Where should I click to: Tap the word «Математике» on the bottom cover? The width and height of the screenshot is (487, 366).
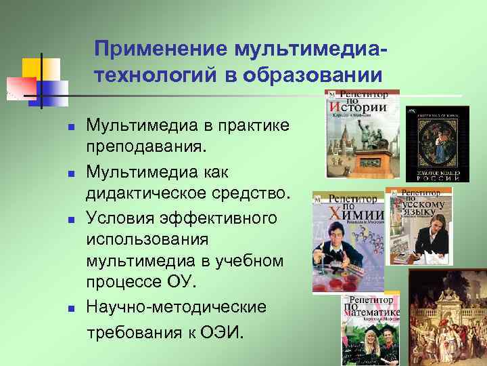[373, 312]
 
